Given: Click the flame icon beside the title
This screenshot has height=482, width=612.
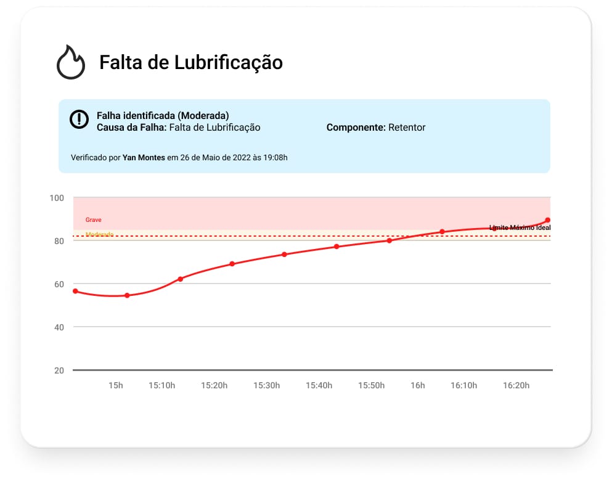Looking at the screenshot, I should tap(71, 62).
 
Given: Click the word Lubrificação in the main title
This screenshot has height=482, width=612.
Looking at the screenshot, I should tap(229, 62).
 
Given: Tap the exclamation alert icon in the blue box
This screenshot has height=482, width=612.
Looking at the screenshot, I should tap(80, 120).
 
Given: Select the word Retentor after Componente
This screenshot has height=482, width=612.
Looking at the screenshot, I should tap(407, 128).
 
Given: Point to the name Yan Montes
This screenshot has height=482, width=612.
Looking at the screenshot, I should tap(144, 158).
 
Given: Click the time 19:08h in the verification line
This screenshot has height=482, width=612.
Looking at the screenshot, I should tap(274, 158).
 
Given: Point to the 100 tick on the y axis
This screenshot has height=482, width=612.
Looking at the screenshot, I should tap(57, 198).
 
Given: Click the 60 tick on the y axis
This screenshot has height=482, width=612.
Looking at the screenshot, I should tap(59, 284).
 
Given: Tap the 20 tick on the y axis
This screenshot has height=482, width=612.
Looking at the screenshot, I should tap(59, 370).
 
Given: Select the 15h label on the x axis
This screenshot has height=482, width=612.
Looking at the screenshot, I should tap(116, 386).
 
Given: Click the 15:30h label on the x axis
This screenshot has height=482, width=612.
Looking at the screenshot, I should tap(267, 386).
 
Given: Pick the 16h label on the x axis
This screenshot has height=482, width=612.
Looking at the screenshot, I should tap(418, 386).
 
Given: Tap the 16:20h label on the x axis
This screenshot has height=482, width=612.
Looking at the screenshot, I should tap(516, 386).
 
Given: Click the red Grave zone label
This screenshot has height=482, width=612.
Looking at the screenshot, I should tap(94, 220).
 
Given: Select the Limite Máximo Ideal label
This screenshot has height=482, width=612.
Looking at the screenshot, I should tap(520, 228).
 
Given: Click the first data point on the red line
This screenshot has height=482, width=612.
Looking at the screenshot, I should tap(75, 291).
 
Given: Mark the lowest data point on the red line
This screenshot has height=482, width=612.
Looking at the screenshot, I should tap(127, 295).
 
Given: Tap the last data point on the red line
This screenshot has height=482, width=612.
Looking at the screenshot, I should tap(547, 220).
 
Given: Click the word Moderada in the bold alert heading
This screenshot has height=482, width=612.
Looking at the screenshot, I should tap(206, 115).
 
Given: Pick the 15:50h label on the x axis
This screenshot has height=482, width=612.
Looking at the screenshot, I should tap(372, 386).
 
